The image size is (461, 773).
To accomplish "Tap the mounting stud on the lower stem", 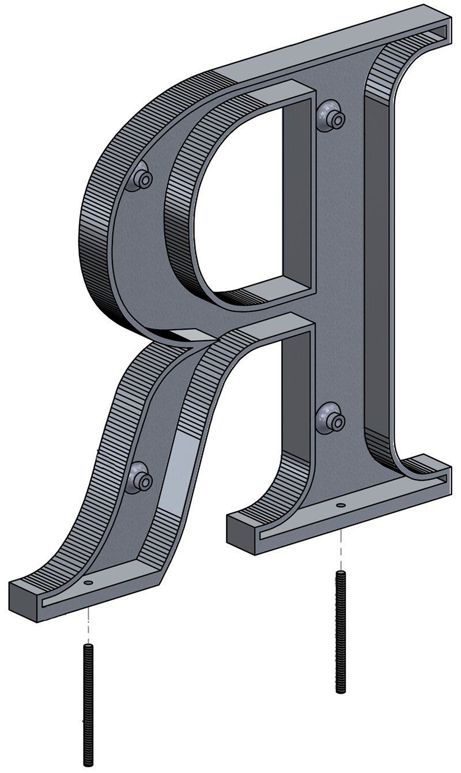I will [332, 418].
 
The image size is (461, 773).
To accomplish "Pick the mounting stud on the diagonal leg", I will [139, 478].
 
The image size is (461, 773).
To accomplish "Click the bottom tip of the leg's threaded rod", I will [88, 764].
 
